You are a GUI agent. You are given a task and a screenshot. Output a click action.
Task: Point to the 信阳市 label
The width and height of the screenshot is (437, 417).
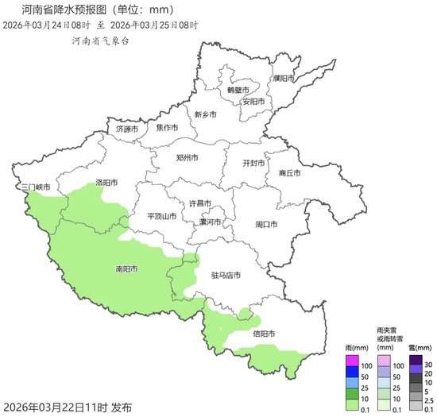coord(265,334)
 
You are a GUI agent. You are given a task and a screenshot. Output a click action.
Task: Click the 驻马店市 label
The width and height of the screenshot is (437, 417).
coord(226,276)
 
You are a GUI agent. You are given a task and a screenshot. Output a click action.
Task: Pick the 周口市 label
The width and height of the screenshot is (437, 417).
coord(266,225)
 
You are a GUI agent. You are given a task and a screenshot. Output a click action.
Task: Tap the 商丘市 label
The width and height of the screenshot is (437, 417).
coord(289,173)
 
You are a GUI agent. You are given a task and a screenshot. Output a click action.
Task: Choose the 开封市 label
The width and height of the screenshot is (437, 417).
coord(255,163)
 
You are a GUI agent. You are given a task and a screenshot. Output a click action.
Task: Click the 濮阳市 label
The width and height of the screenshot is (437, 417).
coord(283,79)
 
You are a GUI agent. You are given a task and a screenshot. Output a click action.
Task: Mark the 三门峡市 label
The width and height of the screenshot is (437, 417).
coord(37,187)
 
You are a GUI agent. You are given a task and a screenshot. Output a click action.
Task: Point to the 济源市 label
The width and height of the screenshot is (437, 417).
coord(127,129)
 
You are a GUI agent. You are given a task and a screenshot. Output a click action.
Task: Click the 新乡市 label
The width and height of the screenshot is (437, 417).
coord(205,114)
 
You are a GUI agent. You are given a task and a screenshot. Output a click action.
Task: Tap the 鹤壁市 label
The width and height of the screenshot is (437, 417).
coord(238,90)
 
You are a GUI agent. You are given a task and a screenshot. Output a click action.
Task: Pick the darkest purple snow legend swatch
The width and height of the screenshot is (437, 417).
coord(416,359)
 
